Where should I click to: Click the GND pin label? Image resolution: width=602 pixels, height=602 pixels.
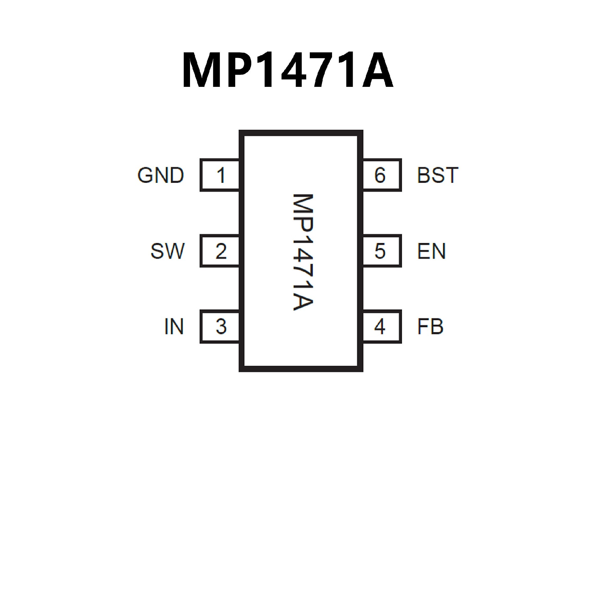tap(161, 175)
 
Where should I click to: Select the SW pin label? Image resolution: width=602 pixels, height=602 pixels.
tap(167, 251)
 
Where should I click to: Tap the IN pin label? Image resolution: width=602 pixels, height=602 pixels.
tap(174, 326)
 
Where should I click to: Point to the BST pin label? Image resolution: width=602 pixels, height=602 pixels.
tap(438, 175)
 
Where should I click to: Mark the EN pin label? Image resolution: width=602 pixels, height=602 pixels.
tap(431, 251)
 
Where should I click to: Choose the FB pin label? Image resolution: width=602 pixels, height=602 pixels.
tap(430, 326)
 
